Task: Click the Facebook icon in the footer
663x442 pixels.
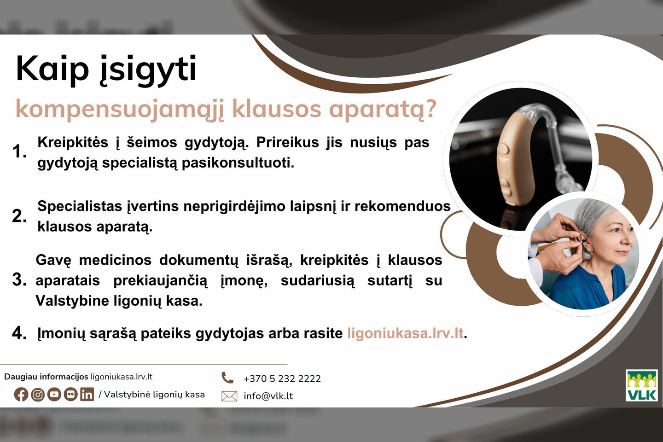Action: (x=21, y=395)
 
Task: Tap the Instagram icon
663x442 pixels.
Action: (x=38, y=395)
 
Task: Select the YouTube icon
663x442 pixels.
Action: (x=54, y=395)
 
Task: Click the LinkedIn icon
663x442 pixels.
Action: (x=87, y=395)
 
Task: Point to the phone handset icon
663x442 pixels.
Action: (x=227, y=378)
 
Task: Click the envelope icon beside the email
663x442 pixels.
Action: (x=229, y=396)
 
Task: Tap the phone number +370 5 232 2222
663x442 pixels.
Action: (x=282, y=378)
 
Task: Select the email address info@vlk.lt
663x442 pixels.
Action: (x=268, y=396)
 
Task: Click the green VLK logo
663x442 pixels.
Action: (x=641, y=385)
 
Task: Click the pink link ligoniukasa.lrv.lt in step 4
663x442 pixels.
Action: (x=405, y=333)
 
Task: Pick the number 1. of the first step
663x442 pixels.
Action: (x=19, y=151)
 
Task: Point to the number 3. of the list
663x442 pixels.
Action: (x=19, y=280)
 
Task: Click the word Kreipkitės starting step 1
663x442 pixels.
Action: (x=73, y=142)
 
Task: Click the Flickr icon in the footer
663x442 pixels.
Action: (x=70, y=395)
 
